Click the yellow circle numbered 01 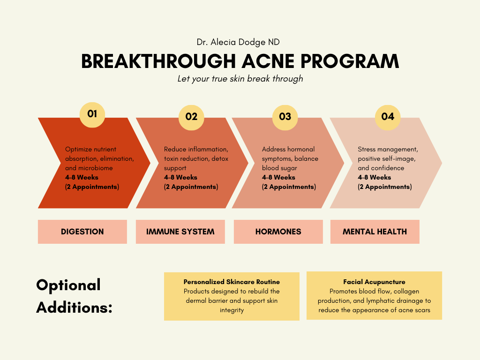pyautogui.click(x=92, y=114)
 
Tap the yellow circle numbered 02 pyautogui.click(x=191, y=117)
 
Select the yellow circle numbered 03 pyautogui.click(x=285, y=117)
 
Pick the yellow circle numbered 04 pyautogui.click(x=388, y=117)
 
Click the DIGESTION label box pyautogui.click(x=82, y=232)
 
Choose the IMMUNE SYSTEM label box pyautogui.click(x=180, y=232)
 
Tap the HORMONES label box pyautogui.click(x=278, y=232)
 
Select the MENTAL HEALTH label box pyautogui.click(x=375, y=232)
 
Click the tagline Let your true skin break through pyautogui.click(x=240, y=78)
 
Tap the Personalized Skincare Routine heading pyautogui.click(x=232, y=282)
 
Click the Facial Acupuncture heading pyautogui.click(x=374, y=282)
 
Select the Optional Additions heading pyautogui.click(x=75, y=296)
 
